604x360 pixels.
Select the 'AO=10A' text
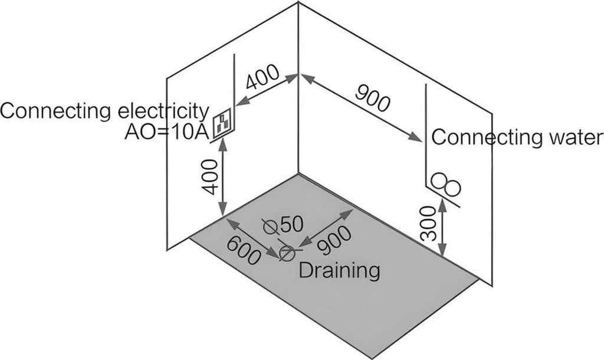point(166,132)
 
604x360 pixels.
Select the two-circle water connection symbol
point(447,184)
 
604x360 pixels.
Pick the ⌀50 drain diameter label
point(283,224)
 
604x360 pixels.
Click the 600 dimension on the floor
point(244,250)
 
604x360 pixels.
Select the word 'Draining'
point(339,270)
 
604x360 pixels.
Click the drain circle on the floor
point(287,254)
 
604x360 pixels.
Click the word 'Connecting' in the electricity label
point(54,110)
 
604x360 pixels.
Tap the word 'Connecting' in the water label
point(478,138)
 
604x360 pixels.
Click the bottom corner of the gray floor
point(371,358)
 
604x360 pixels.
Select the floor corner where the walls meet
point(298,174)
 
